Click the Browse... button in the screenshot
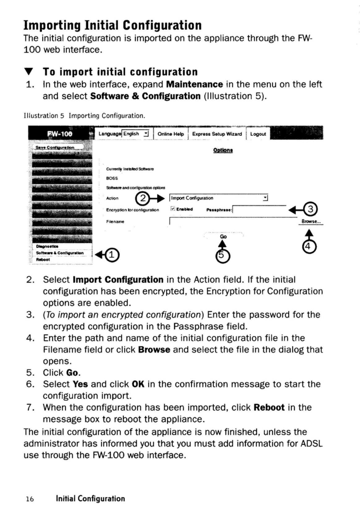tap(311, 221)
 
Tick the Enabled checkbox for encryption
tap(173, 209)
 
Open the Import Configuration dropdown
tap(219, 198)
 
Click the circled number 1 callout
tap(113, 255)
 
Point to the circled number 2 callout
tap(143, 198)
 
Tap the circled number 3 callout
tap(311, 210)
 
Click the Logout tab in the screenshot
tap(258, 134)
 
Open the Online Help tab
tap(171, 134)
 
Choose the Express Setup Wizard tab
tap(217, 134)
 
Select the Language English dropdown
tap(136, 134)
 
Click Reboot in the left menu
tap(43, 260)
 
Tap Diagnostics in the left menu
tap(47, 246)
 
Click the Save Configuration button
tap(55, 148)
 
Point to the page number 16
tap(30, 499)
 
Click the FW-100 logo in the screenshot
tap(60, 134)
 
